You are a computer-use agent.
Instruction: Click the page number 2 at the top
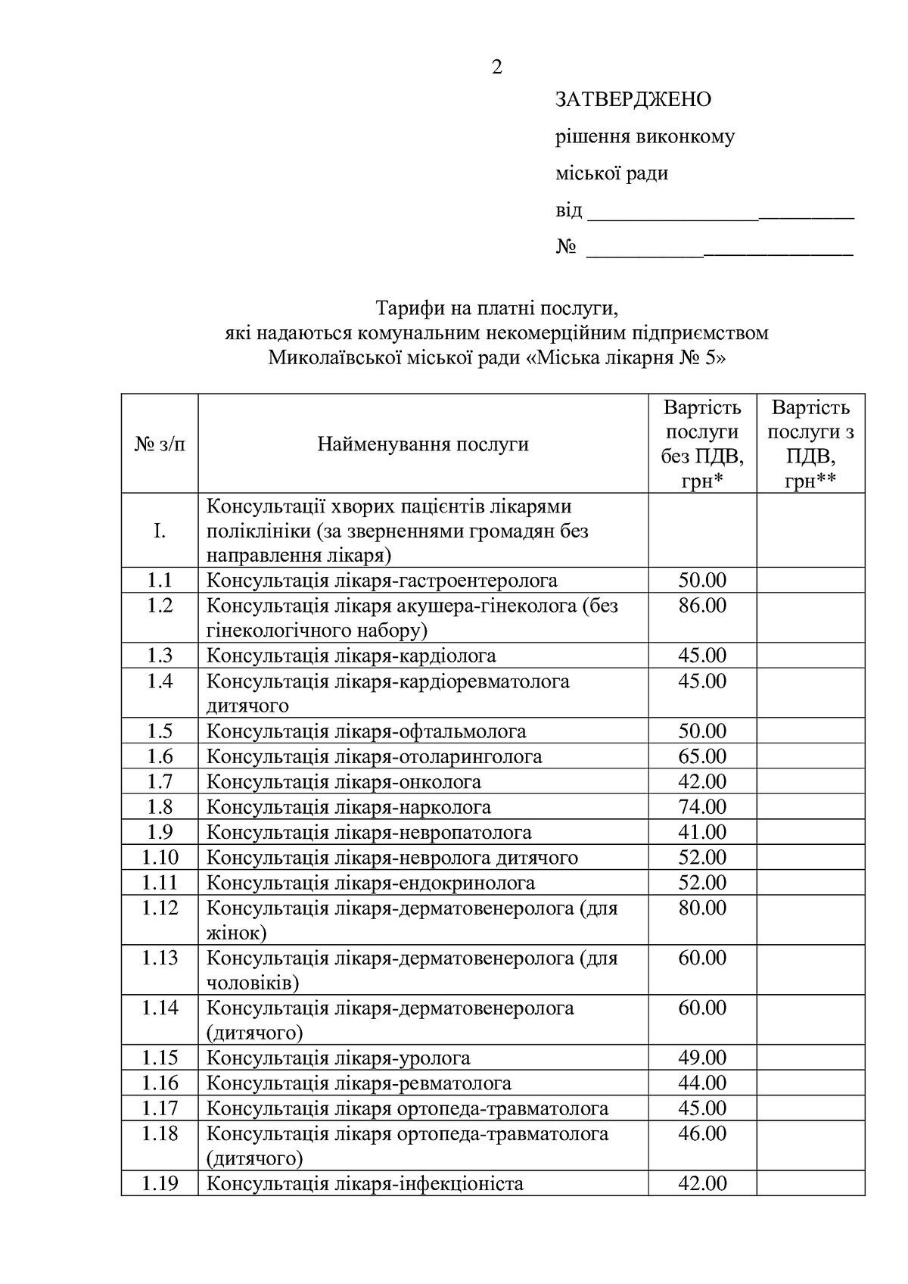click(x=496, y=67)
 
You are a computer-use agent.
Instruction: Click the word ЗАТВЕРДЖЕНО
click(x=633, y=100)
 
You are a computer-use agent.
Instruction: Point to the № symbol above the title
click(x=566, y=248)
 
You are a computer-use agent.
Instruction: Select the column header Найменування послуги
click(x=422, y=444)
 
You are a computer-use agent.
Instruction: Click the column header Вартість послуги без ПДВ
click(x=702, y=444)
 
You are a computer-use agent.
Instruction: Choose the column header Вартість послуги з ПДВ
click(x=810, y=444)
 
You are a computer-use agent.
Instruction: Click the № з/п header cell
click(x=160, y=444)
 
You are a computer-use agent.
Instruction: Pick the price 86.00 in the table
click(x=702, y=606)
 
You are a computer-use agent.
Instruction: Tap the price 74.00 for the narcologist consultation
click(x=702, y=807)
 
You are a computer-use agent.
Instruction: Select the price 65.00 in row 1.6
click(x=702, y=756)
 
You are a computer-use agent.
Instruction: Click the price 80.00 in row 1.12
click(x=702, y=908)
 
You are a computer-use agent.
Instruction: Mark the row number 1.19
click(x=160, y=1183)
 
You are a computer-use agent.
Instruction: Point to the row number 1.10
click(x=160, y=858)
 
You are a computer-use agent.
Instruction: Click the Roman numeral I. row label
click(x=160, y=531)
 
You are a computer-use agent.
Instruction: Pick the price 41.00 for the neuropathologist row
click(x=702, y=833)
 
